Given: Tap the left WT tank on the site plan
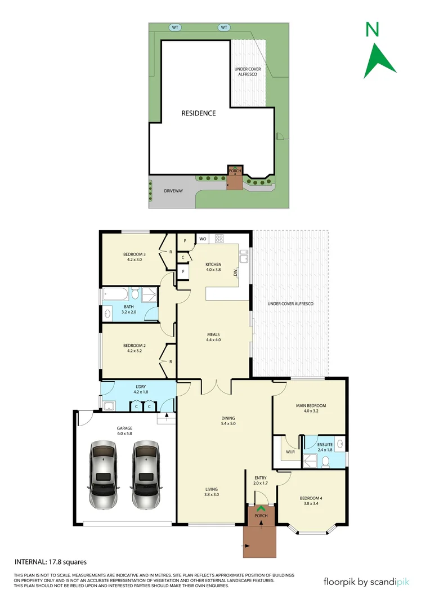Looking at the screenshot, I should coord(175,28).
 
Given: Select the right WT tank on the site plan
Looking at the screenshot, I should coord(223,28).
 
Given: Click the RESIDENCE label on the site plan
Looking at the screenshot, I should coord(198,113).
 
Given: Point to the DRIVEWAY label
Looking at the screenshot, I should coord(173,191).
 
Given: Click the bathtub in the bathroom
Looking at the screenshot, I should coord(117,294).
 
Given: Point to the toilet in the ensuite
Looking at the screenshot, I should coord(325,462).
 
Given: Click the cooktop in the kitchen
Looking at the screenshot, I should coord(219,238).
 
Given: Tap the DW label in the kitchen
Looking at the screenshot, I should coord(236,275).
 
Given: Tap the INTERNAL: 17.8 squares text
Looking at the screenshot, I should coord(50,562).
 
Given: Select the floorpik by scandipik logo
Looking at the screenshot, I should coord(366,582).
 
